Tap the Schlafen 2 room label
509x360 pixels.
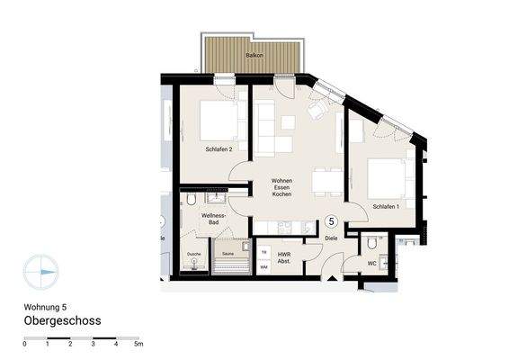click(x=219, y=148)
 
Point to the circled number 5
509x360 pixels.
click(x=331, y=220)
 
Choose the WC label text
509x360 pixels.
click(x=371, y=264)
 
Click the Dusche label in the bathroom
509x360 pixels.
click(x=194, y=255)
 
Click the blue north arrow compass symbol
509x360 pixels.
click(x=41, y=270)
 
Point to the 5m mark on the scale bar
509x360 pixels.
click(x=138, y=344)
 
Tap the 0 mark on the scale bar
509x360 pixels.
click(x=25, y=344)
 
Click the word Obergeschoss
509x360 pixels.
click(x=61, y=320)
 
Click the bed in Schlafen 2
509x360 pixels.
click(x=219, y=119)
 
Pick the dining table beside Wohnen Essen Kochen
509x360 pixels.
click(x=326, y=181)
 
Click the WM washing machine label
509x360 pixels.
click(x=264, y=267)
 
